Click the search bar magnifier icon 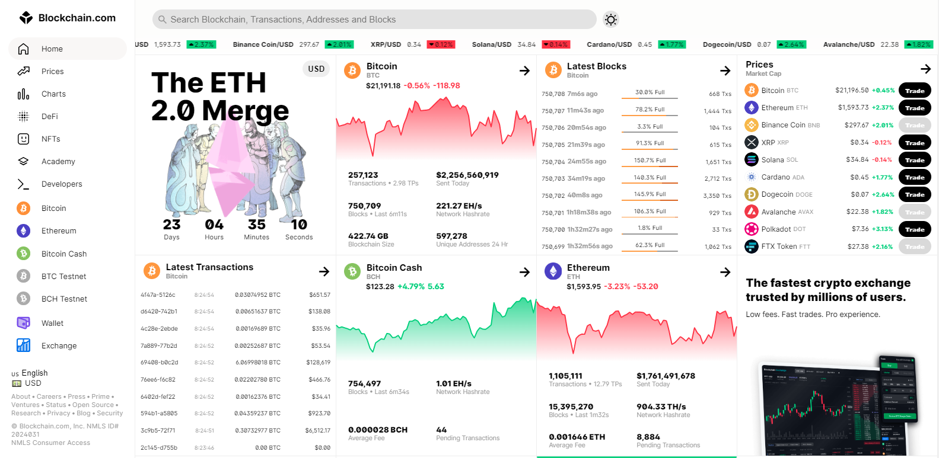163,20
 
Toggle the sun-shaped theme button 610,20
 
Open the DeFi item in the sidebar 50,117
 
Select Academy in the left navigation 58,162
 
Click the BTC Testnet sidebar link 63,277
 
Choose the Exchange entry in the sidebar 59,346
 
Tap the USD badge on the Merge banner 316,69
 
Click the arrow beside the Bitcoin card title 524,71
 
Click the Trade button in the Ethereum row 914,108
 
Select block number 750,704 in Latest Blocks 553,162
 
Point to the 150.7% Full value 650,161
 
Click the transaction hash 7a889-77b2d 158,346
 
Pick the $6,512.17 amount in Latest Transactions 317,431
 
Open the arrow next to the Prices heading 925,69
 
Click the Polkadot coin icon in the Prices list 752,229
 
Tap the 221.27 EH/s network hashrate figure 459,206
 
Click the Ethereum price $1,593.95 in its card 583,287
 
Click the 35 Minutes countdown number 256,225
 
